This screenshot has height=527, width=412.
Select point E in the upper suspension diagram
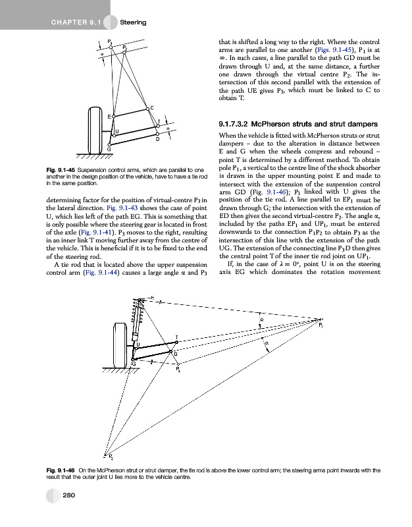click(x=114, y=115)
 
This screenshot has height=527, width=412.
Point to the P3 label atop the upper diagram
click(x=109, y=42)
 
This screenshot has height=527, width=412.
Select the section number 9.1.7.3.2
click(x=238, y=125)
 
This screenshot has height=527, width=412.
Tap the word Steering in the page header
click(x=134, y=23)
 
